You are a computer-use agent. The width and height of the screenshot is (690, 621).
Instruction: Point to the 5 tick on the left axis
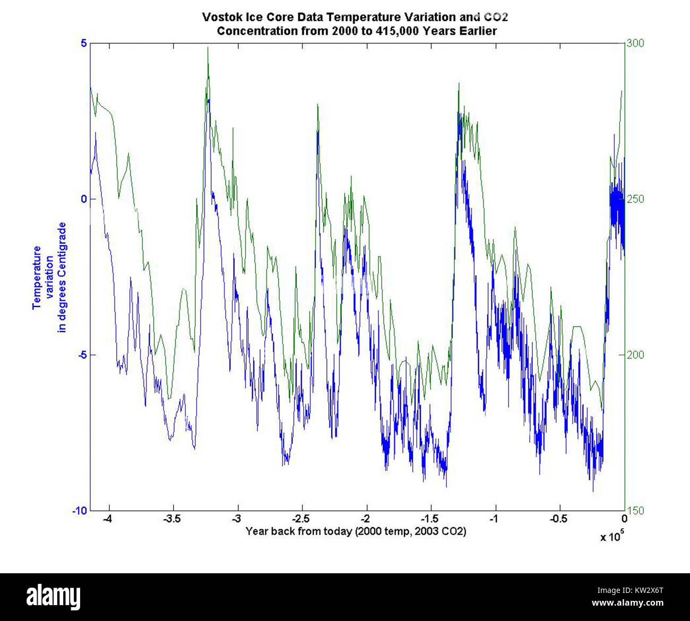(x=83, y=43)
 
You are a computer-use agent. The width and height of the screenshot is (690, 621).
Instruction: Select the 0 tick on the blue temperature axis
(x=83, y=199)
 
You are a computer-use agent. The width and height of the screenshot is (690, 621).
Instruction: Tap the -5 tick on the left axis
(x=81, y=355)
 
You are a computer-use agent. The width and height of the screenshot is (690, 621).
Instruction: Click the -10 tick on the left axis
(x=79, y=510)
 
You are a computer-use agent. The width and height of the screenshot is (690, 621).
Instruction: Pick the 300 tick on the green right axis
(x=635, y=43)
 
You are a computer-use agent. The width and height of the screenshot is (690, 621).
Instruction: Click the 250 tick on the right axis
(x=635, y=199)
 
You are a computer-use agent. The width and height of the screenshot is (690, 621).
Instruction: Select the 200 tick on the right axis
(x=635, y=355)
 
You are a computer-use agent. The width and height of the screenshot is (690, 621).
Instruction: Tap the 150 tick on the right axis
(x=635, y=510)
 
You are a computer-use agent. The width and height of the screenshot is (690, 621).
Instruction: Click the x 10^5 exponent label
(x=611, y=536)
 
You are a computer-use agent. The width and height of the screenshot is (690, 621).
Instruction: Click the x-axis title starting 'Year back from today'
(x=356, y=531)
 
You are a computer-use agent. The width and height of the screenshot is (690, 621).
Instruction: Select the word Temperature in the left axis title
(x=37, y=277)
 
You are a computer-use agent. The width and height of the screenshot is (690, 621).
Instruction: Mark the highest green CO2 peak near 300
(x=208, y=48)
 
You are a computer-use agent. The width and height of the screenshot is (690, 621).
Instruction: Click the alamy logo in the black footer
(x=54, y=597)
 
